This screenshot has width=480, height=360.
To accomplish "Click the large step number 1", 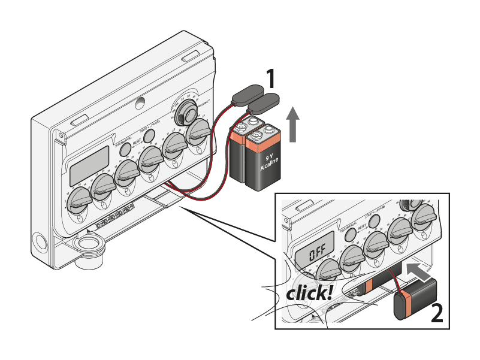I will coord(271,79).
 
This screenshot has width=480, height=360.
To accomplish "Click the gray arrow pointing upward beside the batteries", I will coord(292,124).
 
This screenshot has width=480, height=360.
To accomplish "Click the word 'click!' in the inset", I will coord(309,293).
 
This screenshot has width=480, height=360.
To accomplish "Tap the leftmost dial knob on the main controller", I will coord(78,199).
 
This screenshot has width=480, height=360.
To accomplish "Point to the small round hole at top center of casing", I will coord(141,103).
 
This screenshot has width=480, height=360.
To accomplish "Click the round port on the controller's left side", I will coord(40,241).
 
